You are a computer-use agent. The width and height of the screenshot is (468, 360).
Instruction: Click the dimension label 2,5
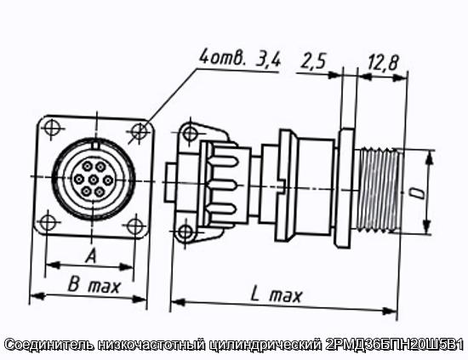point(313,61)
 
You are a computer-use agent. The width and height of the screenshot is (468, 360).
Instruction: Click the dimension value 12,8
point(382,63)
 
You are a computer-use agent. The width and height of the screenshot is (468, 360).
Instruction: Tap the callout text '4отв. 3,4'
point(240,59)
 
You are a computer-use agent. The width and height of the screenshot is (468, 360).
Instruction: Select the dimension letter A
point(91,256)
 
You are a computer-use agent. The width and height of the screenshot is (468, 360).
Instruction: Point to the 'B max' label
point(94,284)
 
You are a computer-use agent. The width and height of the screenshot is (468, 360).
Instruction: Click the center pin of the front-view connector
point(94,179)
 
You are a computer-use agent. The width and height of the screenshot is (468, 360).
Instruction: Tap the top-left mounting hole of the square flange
point(52,127)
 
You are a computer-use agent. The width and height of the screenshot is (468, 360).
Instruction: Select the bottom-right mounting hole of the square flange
point(134,226)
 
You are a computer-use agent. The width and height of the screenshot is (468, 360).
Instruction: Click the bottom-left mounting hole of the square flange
point(48,222)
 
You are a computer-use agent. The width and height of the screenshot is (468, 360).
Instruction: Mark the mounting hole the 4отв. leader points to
point(139,131)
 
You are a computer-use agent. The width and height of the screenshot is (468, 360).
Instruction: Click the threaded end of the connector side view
point(379,190)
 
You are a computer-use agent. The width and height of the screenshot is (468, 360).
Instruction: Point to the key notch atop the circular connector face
point(95,146)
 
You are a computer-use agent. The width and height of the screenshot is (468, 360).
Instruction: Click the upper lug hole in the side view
point(190,133)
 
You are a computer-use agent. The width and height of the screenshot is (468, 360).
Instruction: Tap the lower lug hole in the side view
point(185,232)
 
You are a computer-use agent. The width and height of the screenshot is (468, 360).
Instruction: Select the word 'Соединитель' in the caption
point(49,345)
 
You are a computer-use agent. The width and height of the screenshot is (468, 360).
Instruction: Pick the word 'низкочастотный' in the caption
point(151,345)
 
